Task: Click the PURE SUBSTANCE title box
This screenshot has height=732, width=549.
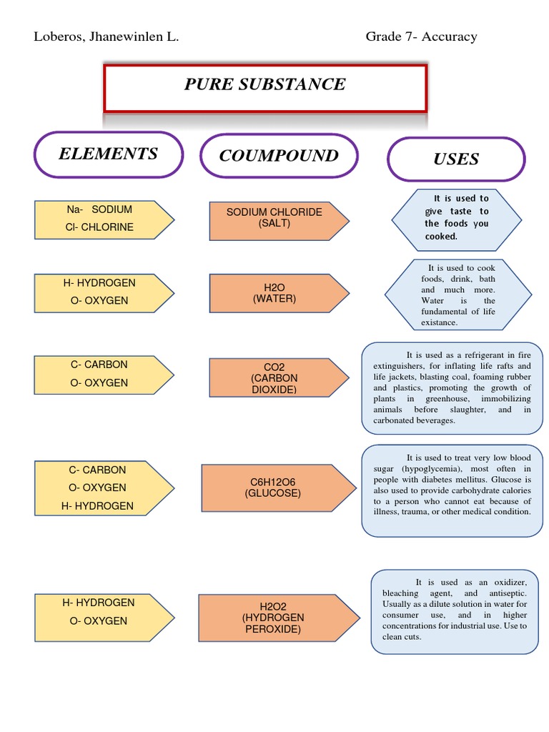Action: pyautogui.click(x=265, y=87)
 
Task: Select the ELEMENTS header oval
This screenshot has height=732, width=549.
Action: pyautogui.click(x=108, y=154)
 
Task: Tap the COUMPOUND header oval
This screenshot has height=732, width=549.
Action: pyautogui.click(x=279, y=156)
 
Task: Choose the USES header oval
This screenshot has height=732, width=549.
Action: pyautogui.click(x=455, y=159)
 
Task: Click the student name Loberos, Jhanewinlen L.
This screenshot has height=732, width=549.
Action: pyautogui.click(x=106, y=36)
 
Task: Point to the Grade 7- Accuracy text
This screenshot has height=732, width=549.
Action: pyautogui.click(x=421, y=36)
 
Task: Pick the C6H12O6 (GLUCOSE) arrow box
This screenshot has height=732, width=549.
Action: pyautogui.click(x=276, y=488)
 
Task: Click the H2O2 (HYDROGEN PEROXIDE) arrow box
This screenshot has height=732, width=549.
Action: pyautogui.click(x=276, y=618)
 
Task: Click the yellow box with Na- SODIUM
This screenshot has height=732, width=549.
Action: pyautogui.click(x=103, y=219)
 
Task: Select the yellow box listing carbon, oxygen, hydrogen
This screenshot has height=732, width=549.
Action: pyautogui.click(x=103, y=488)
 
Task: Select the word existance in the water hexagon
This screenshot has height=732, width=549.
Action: pyautogui.click(x=439, y=322)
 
